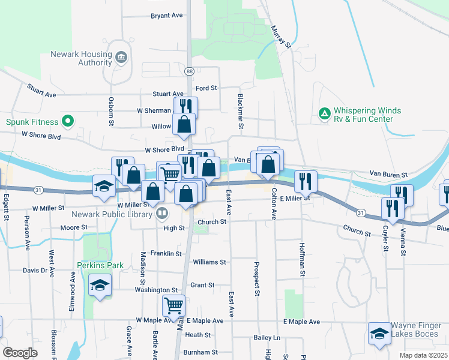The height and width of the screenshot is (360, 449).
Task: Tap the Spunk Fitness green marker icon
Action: point(68,121)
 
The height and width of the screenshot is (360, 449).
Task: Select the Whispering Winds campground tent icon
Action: point(324,113)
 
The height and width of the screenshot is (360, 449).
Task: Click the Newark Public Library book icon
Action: point(162,213)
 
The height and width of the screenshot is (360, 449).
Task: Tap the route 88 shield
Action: point(189,71)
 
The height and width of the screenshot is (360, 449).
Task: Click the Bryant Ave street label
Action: point(167,16)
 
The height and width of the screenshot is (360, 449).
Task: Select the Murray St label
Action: point(280,37)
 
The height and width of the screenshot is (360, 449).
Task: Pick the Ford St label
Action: point(205,88)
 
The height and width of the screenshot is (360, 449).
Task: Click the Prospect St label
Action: point(256,279)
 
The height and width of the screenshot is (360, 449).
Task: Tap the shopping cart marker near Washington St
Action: point(173,305)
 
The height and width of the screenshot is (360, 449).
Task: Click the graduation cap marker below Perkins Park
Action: point(100,286)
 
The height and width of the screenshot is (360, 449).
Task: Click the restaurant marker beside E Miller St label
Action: point(306,181)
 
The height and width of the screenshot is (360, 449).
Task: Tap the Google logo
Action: point(20,353)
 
